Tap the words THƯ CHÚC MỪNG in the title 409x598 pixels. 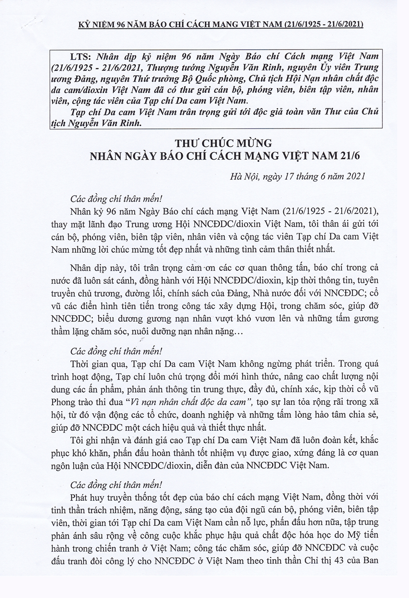coord(223,144)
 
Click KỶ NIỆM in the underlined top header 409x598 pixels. coord(95,24)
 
